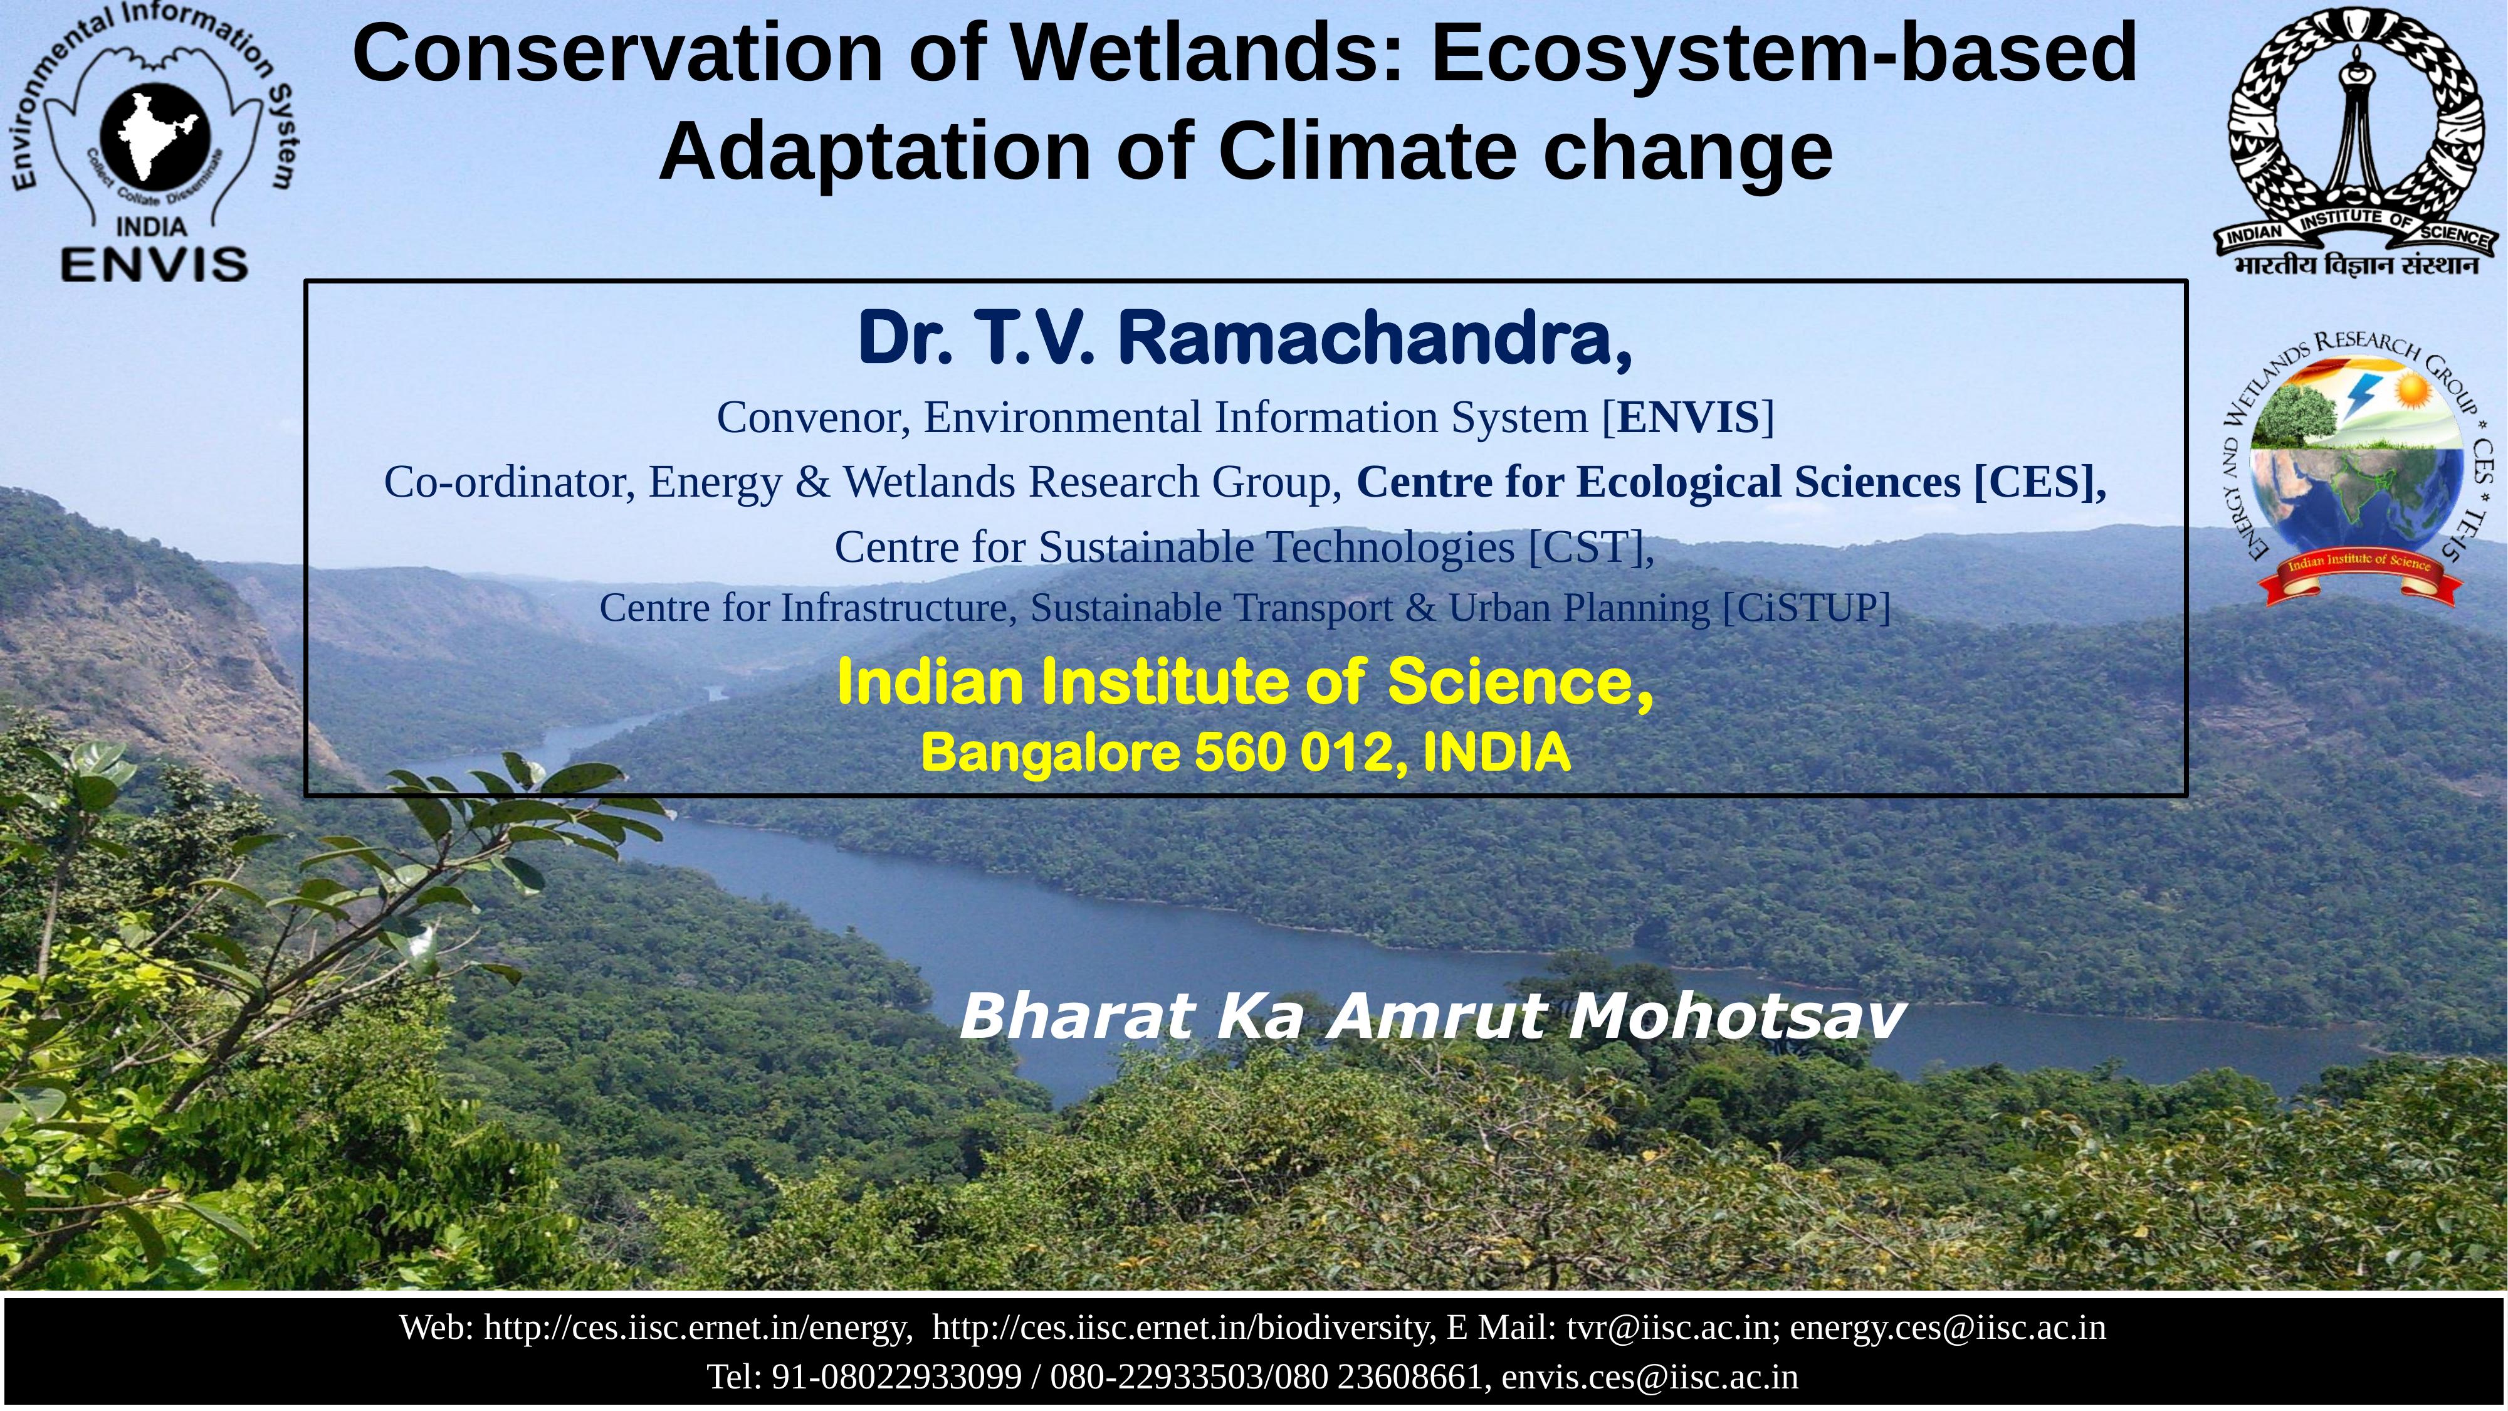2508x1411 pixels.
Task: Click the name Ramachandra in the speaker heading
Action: [x=1375, y=338]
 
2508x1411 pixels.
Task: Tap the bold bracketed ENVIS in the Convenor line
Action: [x=1688, y=418]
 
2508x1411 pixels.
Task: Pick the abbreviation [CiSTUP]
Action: [x=1806, y=608]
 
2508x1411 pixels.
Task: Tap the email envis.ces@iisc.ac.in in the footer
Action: [x=1650, y=1377]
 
